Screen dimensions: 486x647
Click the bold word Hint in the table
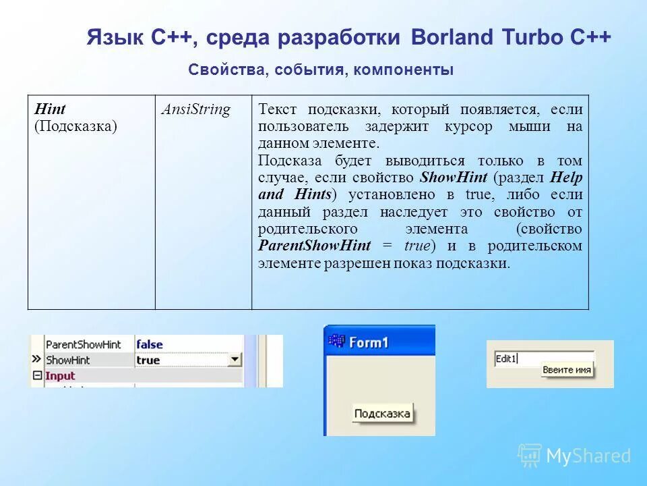tap(49, 109)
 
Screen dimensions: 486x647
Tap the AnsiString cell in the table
tap(195, 109)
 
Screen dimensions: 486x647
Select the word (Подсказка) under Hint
tap(75, 126)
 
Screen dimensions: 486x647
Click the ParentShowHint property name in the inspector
tap(83, 344)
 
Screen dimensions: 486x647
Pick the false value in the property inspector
tap(150, 344)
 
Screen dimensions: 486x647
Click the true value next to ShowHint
tap(148, 360)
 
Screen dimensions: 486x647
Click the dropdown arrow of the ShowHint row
tap(235, 360)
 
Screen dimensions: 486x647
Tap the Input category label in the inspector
tap(60, 376)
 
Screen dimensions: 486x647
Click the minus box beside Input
tap(37, 376)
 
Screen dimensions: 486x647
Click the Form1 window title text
tap(369, 342)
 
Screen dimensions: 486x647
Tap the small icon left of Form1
tap(336, 342)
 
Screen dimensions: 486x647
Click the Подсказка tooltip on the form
tap(383, 414)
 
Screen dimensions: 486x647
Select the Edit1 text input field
tap(543, 359)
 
